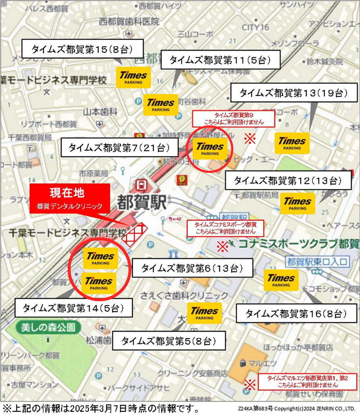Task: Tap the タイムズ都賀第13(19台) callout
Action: point(293,94)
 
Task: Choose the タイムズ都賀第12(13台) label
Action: point(288,180)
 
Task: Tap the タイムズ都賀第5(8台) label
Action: point(169,341)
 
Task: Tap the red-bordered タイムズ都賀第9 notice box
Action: point(234,119)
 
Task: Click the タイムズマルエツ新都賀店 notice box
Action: point(307,381)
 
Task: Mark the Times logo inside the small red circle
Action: point(210,149)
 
